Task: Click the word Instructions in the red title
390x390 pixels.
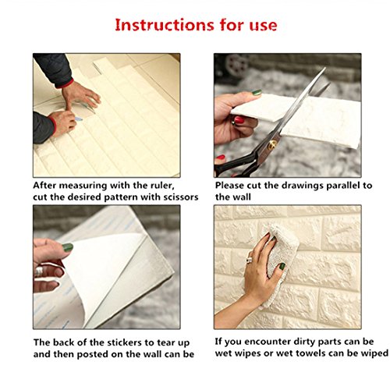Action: (x=165, y=25)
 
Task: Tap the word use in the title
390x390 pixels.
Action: (x=263, y=27)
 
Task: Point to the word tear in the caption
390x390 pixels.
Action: (x=166, y=342)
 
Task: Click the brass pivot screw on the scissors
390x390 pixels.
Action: (x=272, y=143)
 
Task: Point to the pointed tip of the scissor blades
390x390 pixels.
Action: (x=324, y=68)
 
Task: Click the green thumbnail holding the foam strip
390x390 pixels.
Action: (x=257, y=92)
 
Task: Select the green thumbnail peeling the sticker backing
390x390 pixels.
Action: (x=68, y=247)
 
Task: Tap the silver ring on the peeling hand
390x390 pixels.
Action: (x=39, y=271)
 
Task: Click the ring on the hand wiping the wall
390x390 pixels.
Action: (x=249, y=260)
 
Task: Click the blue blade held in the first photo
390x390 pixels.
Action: (x=79, y=119)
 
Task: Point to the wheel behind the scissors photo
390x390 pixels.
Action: (x=236, y=65)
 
